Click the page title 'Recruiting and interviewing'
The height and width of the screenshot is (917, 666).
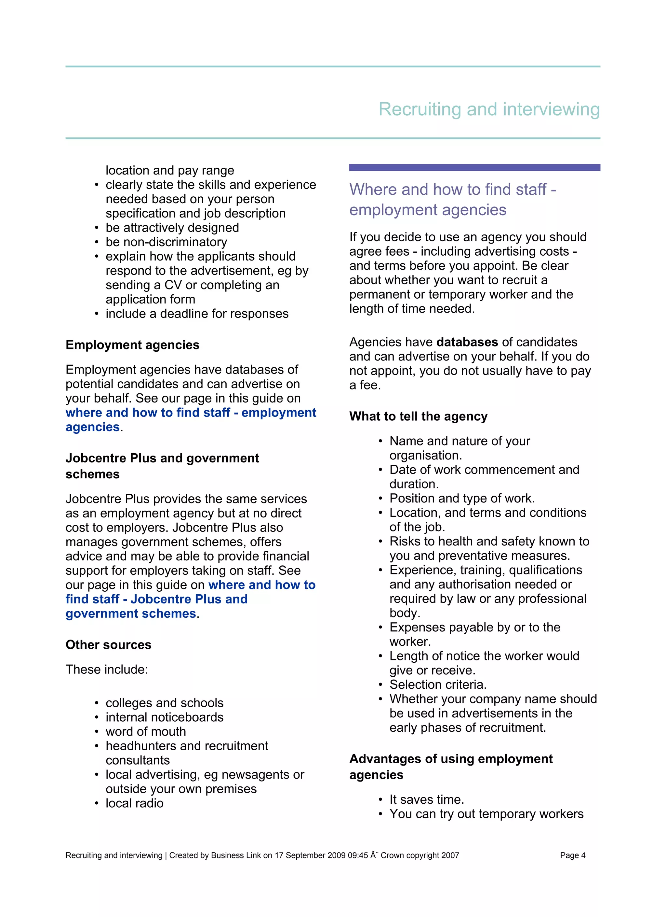pos(489,109)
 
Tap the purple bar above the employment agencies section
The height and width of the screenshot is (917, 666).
pos(474,167)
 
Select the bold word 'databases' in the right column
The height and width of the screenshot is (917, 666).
pos(467,342)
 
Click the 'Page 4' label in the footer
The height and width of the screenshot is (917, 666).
pos(572,855)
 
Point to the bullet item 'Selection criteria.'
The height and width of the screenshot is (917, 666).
pos(438,684)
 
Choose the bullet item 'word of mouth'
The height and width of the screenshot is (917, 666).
pos(146,731)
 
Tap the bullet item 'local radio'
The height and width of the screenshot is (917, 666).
pos(135,803)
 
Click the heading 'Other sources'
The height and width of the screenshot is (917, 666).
pos(108,644)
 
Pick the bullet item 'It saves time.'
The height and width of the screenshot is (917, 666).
pos(427,799)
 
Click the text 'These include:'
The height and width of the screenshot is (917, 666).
pos(107,669)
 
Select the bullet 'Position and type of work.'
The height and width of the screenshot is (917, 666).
pos(462,498)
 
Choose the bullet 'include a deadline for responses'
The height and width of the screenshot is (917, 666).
pos(197,314)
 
